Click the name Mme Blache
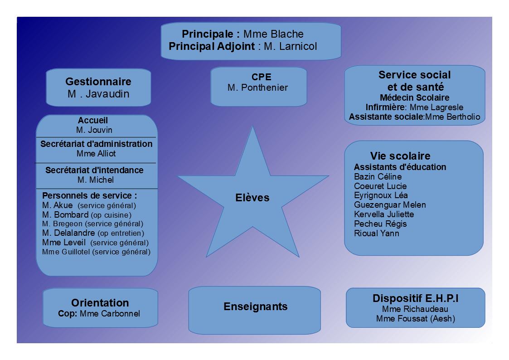(273, 34)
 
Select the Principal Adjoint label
(212, 46)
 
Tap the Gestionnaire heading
(98, 82)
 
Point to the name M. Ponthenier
(258, 88)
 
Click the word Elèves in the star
(252, 198)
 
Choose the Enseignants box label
(256, 306)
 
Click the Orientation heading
(100, 303)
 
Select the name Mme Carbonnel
(110, 314)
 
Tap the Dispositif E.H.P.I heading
(416, 298)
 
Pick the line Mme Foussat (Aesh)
(416, 319)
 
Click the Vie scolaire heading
(400, 156)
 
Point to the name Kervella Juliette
(384, 214)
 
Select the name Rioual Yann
(377, 234)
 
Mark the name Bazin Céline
(378, 176)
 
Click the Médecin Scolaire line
(415, 98)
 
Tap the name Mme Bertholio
(452, 117)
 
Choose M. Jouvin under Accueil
(94, 130)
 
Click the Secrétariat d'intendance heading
(94, 170)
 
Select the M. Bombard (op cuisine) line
(87, 215)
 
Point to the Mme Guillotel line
(96, 252)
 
